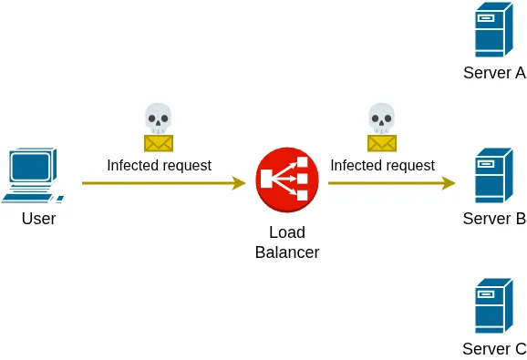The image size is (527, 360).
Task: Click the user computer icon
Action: tap(34, 176)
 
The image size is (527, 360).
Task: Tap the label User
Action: tap(39, 219)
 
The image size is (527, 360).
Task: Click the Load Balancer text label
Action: tap(287, 242)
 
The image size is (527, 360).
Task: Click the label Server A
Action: tap(494, 73)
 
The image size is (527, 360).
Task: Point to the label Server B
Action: tap(494, 219)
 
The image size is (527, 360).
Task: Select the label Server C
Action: tap(494, 349)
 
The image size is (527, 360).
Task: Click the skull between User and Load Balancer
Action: tap(158, 118)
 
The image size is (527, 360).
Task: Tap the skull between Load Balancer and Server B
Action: tap(381, 118)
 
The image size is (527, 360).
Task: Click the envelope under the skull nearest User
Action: tap(158, 143)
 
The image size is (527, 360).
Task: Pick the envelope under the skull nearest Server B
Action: tap(381, 143)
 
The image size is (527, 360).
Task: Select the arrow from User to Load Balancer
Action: tap(160, 183)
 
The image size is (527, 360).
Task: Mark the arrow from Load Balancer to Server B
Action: tap(387, 183)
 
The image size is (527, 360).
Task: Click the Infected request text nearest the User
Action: tap(159, 165)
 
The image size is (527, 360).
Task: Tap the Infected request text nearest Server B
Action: tap(382, 165)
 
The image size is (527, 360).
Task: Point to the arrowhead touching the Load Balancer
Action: tap(240, 183)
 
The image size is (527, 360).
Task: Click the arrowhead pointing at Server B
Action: tap(449, 183)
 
